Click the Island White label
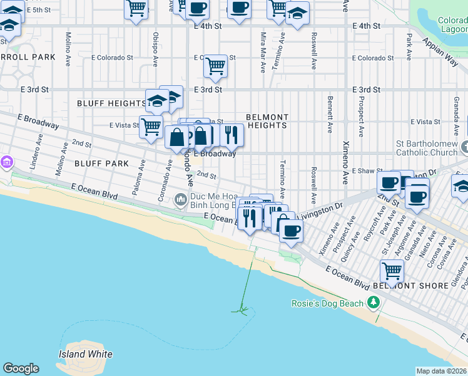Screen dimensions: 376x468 pyautogui.click(x=86, y=354)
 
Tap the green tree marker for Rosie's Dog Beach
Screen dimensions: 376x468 pyautogui.click(x=374, y=303)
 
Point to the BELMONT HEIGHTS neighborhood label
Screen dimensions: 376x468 pyautogui.click(x=267, y=121)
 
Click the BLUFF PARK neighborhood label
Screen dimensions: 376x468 pyautogui.click(x=101, y=164)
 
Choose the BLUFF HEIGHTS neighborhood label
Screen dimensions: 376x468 pyautogui.click(x=111, y=103)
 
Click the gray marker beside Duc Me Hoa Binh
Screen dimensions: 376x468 pyautogui.click(x=181, y=200)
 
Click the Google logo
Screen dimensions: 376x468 pyautogui.click(x=21, y=368)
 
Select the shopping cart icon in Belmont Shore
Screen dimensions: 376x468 pyautogui.click(x=392, y=271)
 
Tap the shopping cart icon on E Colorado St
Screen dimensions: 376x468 pyautogui.click(x=216, y=65)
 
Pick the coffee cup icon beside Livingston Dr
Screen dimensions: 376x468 pyautogui.click(x=290, y=230)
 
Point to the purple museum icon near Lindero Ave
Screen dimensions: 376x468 pyautogui.click(x=7, y=162)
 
